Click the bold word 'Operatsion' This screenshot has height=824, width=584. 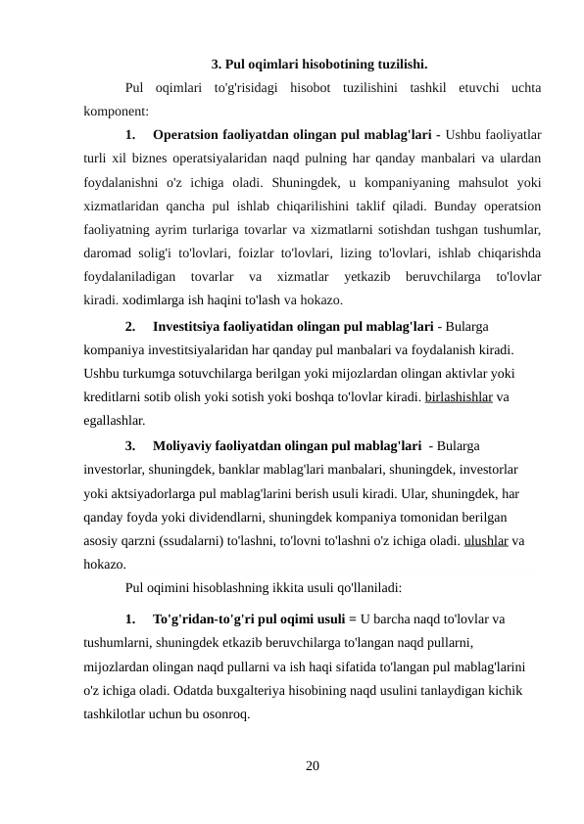tap(189, 133)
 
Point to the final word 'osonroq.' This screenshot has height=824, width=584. tap(224, 714)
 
